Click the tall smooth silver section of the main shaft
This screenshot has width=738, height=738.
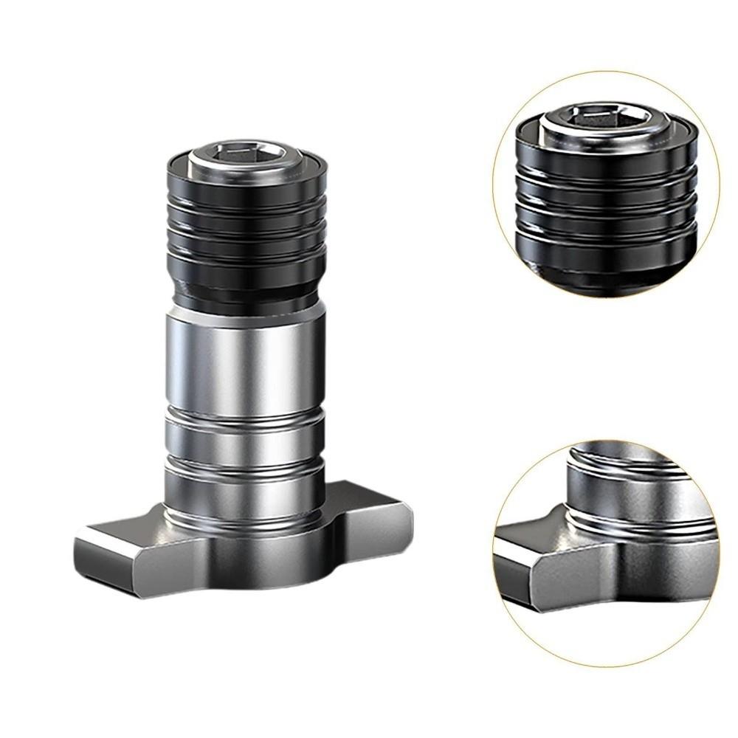[244, 362]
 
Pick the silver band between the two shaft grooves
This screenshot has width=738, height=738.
[244, 439]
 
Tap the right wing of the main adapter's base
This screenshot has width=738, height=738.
[376, 509]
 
